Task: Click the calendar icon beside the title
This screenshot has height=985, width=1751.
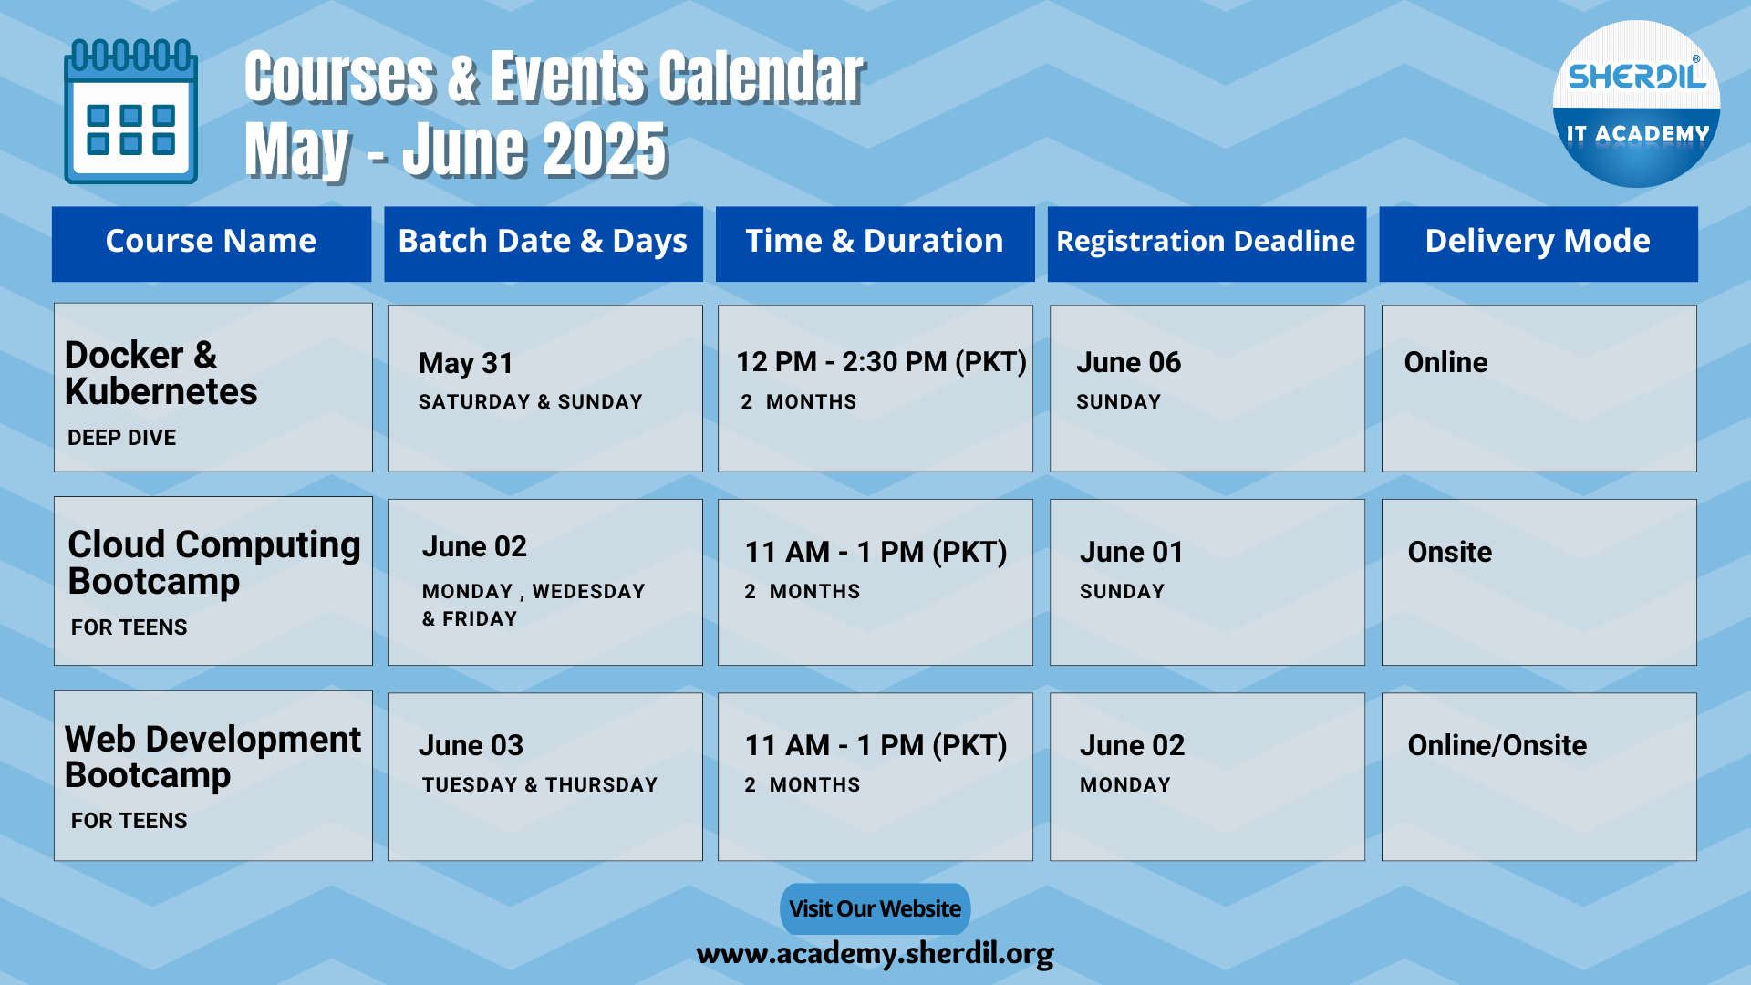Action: pyautogui.click(x=130, y=111)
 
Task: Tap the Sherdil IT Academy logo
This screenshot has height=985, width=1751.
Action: pyautogui.click(x=1636, y=104)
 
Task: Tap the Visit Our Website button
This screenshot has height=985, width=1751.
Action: pyautogui.click(x=875, y=908)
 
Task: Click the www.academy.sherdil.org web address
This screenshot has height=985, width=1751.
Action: pyautogui.click(x=875, y=953)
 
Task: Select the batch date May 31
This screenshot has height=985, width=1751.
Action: pyautogui.click(x=466, y=363)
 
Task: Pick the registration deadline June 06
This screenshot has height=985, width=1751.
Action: pyautogui.click(x=1129, y=362)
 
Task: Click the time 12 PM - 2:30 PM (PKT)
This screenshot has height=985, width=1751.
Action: pyautogui.click(x=882, y=362)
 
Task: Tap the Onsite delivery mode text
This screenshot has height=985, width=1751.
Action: pyautogui.click(x=1450, y=552)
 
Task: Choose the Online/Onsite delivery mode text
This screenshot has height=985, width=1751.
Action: pyautogui.click(x=1497, y=745)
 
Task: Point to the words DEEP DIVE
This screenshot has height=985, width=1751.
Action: pyautogui.click(x=122, y=438)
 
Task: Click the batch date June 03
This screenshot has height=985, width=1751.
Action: pyautogui.click(x=471, y=745)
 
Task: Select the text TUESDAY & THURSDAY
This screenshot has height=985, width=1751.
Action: pyautogui.click(x=540, y=784)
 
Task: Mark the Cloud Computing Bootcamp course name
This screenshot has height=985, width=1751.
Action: pyautogui.click(x=214, y=563)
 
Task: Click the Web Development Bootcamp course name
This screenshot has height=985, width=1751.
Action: pyautogui.click(x=213, y=757)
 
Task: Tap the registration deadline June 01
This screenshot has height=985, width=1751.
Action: pyautogui.click(x=1132, y=552)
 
